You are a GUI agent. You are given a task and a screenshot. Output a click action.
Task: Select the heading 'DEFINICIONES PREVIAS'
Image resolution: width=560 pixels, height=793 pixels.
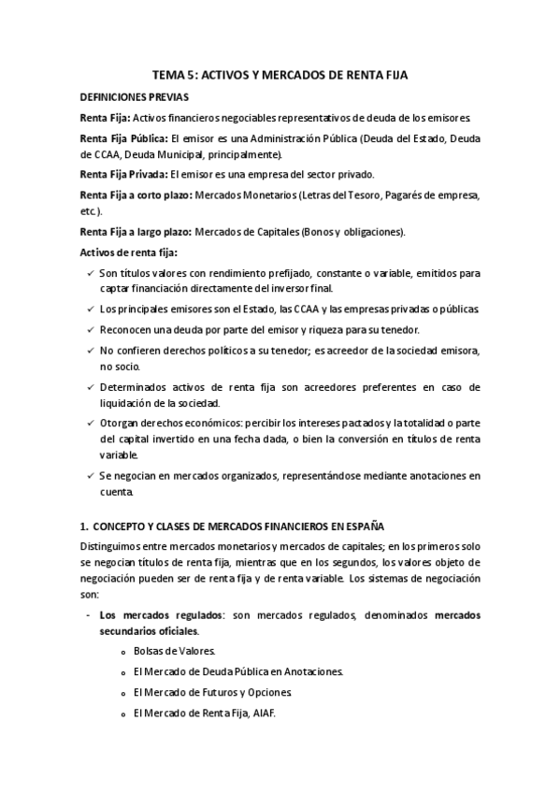tap(134, 96)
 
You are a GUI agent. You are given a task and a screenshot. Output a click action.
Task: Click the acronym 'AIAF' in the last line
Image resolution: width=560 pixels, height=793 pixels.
tap(265, 713)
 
